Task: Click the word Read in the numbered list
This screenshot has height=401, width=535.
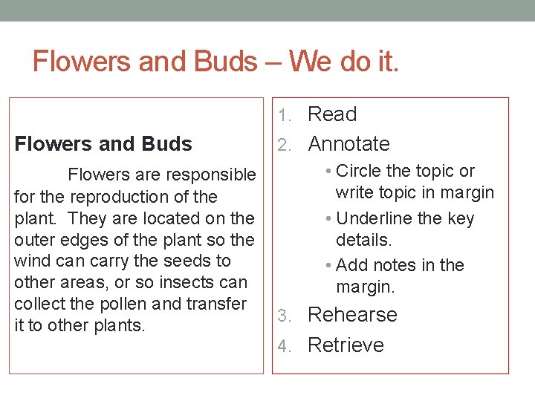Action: pyautogui.click(x=332, y=114)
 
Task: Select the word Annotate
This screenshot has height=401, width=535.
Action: pyautogui.click(x=348, y=143)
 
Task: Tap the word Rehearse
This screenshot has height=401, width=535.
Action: pyautogui.click(x=352, y=314)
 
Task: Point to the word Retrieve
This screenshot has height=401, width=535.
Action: pyautogui.click(x=346, y=345)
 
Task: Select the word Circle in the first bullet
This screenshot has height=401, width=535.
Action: pyautogui.click(x=357, y=171)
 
